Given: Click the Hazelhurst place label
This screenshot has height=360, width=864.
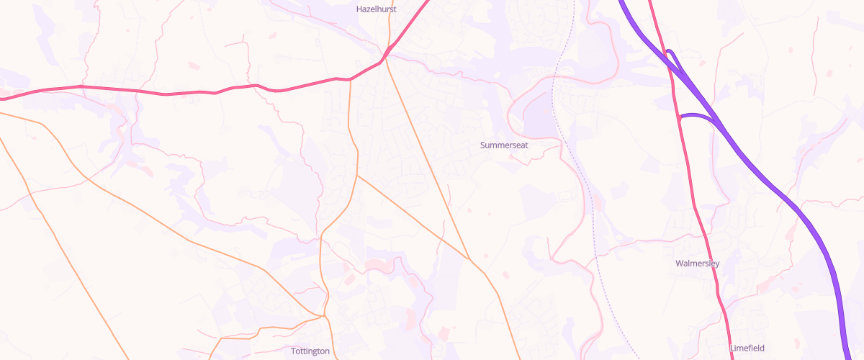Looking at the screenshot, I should click(377, 9).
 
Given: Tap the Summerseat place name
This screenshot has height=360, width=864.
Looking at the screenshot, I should click(504, 145).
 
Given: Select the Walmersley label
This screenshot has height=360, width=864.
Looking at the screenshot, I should click(698, 264).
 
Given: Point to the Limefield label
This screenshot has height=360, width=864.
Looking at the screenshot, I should click(747, 348).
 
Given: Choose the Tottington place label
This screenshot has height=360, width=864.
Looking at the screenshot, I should click(310, 351).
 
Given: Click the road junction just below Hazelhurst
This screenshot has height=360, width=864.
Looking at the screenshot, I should click(386, 55).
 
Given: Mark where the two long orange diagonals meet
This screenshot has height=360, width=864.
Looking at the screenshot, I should click(469, 258).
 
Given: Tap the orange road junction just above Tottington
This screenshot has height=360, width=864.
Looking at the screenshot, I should click(324, 315).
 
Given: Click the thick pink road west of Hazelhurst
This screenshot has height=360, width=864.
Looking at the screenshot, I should click(180, 93).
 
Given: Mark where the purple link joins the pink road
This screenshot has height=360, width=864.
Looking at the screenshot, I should click(680, 116).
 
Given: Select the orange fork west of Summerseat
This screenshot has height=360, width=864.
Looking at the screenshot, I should click(356, 175).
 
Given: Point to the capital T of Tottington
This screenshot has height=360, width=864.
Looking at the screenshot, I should click(294, 351).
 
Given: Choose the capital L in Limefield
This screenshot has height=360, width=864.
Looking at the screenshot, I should click(732, 348).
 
